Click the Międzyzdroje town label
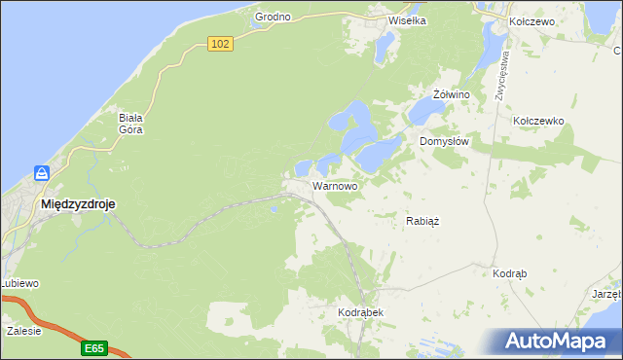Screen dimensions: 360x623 (77, 205)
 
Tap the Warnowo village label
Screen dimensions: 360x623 (334, 185)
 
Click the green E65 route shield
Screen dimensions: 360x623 (93, 347)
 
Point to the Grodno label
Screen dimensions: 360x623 (274, 18)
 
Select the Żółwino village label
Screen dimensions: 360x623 (452, 94)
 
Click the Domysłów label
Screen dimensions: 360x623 (445, 141)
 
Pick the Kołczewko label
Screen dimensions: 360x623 (538, 121)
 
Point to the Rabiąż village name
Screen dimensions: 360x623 (422, 221)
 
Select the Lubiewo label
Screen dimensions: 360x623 (19, 283)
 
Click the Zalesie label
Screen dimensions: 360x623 (23, 331)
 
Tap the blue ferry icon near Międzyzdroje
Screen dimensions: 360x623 (42, 174)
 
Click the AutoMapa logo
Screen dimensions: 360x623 (559, 342)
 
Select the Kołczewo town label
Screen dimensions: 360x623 (531, 20)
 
